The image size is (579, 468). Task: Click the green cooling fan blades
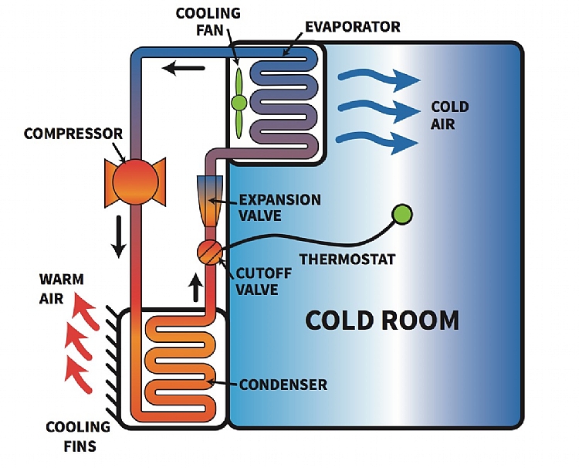pyautogui.click(x=239, y=101)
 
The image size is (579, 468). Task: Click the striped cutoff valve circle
pyautogui.click(x=210, y=252)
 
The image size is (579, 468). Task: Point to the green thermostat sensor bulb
pyautogui.click(x=402, y=214)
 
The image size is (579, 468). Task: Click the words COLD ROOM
pyautogui.click(x=382, y=319)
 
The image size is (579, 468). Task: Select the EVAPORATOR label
pyautogui.click(x=353, y=27)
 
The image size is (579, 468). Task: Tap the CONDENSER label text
pyautogui.click(x=283, y=384)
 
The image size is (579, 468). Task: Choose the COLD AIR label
pyautogui.click(x=449, y=115)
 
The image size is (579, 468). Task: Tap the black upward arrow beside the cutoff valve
pyautogui.click(x=196, y=287)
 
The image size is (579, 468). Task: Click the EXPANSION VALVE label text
pyautogui.click(x=279, y=207)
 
